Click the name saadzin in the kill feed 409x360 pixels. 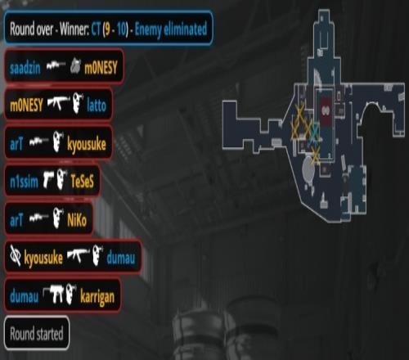tap(25, 68)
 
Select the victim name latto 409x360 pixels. tap(97, 106)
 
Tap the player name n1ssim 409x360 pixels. tap(24, 182)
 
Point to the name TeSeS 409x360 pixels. tap(82, 181)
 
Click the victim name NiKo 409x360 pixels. tap(77, 219)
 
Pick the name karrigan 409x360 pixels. tap(97, 297)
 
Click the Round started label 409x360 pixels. tap(37, 333)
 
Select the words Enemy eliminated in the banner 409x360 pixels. tap(171, 29)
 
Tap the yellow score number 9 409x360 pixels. tap(107, 29)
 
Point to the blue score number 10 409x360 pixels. tap(123, 29)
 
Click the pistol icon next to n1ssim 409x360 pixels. tap(48, 180)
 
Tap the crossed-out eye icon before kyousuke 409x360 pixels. tap(16, 255)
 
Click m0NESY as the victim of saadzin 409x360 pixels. tap(101, 68)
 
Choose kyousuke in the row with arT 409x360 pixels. tap(87, 145)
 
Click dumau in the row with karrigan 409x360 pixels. tap(24, 296)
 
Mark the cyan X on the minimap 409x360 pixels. tap(315, 133)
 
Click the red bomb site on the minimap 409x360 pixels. tap(326, 110)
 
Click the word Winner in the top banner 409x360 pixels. tap(74, 29)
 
